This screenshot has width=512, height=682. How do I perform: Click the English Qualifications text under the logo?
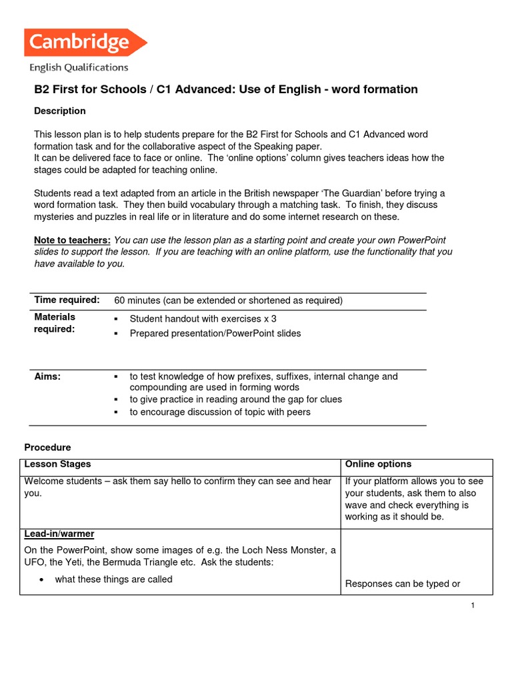pyautogui.click(x=79, y=67)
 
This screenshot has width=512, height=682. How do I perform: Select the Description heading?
pyautogui.click(x=60, y=111)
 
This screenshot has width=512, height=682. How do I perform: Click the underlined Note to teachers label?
pyautogui.click(x=73, y=240)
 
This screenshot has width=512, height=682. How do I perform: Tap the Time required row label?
pyautogui.click(x=67, y=300)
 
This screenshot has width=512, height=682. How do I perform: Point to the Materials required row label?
pyautogui.click(x=55, y=323)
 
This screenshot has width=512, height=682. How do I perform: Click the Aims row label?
pyautogui.click(x=47, y=376)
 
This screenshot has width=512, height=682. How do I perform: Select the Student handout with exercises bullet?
pyautogui.click(x=203, y=319)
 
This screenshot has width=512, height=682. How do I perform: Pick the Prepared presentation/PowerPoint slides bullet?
pyautogui.click(x=215, y=333)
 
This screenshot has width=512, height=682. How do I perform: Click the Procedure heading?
pyautogui.click(x=47, y=448)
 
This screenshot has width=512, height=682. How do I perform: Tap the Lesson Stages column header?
pyautogui.click(x=57, y=464)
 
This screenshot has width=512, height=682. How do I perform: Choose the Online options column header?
pyautogui.click(x=378, y=464)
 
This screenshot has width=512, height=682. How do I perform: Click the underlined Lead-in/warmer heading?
pyautogui.click(x=59, y=534)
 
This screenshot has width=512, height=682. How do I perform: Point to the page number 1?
pyautogui.click(x=471, y=605)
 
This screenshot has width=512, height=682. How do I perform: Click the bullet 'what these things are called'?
pyautogui.click(x=113, y=579)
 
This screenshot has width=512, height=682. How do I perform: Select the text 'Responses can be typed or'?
pyautogui.click(x=403, y=584)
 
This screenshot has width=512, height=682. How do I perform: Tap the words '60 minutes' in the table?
pyautogui.click(x=137, y=300)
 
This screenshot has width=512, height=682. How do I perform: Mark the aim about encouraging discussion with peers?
pyautogui.click(x=219, y=412)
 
